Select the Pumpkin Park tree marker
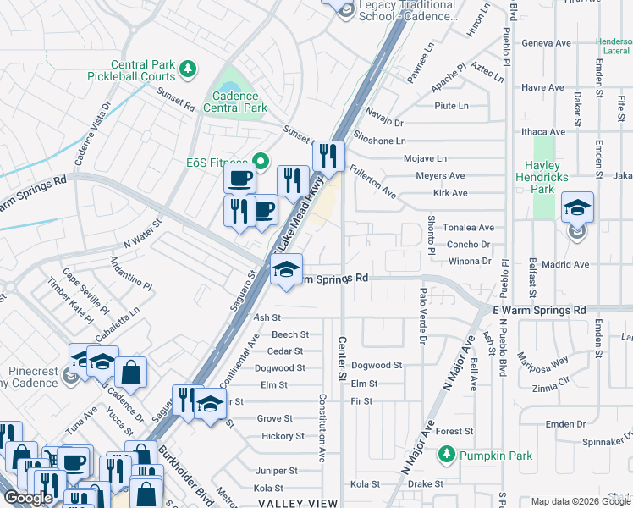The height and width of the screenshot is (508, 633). pos(447,456)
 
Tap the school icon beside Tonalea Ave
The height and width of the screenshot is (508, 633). pos(577,208)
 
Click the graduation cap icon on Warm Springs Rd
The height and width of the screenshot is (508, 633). pos(286,271)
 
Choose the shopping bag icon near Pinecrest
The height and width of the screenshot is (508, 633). pos(130,373)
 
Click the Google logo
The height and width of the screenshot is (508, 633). pos(29,498)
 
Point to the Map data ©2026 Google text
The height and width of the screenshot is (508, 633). pos(581,501)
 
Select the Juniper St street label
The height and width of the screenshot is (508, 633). pos(276,471)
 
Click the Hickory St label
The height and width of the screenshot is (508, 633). pos(283,436)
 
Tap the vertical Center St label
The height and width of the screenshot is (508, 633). pos(343,358)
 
